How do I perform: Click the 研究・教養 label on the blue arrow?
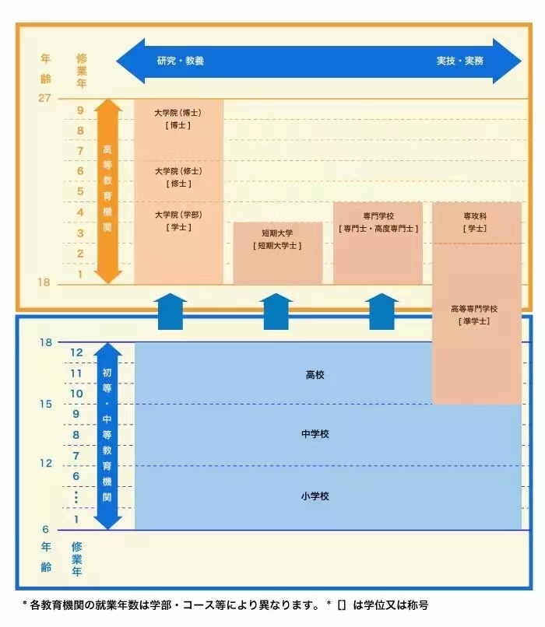click(180, 61)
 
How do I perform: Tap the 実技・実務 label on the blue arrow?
click(459, 61)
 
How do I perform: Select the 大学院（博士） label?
click(178, 112)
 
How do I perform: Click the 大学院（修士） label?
click(178, 171)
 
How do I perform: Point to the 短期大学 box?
click(277, 253)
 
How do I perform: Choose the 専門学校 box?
click(378, 243)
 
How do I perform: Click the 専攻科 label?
click(475, 215)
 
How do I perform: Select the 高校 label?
click(315, 375)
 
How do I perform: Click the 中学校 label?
click(315, 434)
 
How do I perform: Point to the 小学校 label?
click(315, 496)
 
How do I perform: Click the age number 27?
click(44, 98)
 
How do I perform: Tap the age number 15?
click(45, 404)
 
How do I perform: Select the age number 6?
click(45, 530)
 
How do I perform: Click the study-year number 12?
click(76, 352)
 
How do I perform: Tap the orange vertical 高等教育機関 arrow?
click(108, 191)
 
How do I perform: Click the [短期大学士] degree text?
click(277, 246)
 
